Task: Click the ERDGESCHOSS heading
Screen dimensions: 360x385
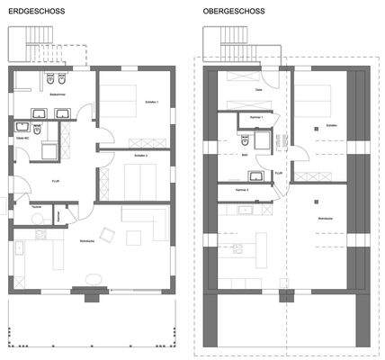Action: pos(31,13)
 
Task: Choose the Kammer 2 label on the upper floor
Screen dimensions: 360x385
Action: pos(241,190)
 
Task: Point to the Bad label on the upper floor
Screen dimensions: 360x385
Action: pos(244,155)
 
